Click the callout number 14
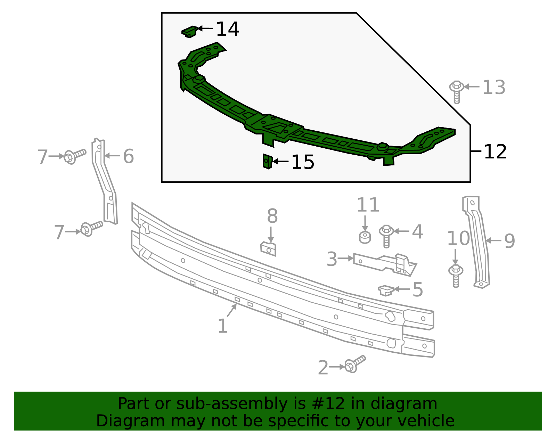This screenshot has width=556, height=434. pos(227,29)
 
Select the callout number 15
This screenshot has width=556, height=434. pos(303,162)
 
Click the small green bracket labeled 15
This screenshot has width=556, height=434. pos(267,162)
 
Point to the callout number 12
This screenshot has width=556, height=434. pos(495,152)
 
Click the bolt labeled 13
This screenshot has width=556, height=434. pos(457,91)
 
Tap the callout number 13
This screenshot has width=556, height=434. pos(494,87)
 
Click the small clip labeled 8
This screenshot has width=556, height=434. pos(268,249)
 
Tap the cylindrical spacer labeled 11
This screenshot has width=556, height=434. pos(365,237)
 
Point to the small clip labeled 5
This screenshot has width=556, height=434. pos(386,290)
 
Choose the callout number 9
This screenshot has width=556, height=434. pos(509,241)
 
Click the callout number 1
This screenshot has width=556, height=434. pos(222,326)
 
